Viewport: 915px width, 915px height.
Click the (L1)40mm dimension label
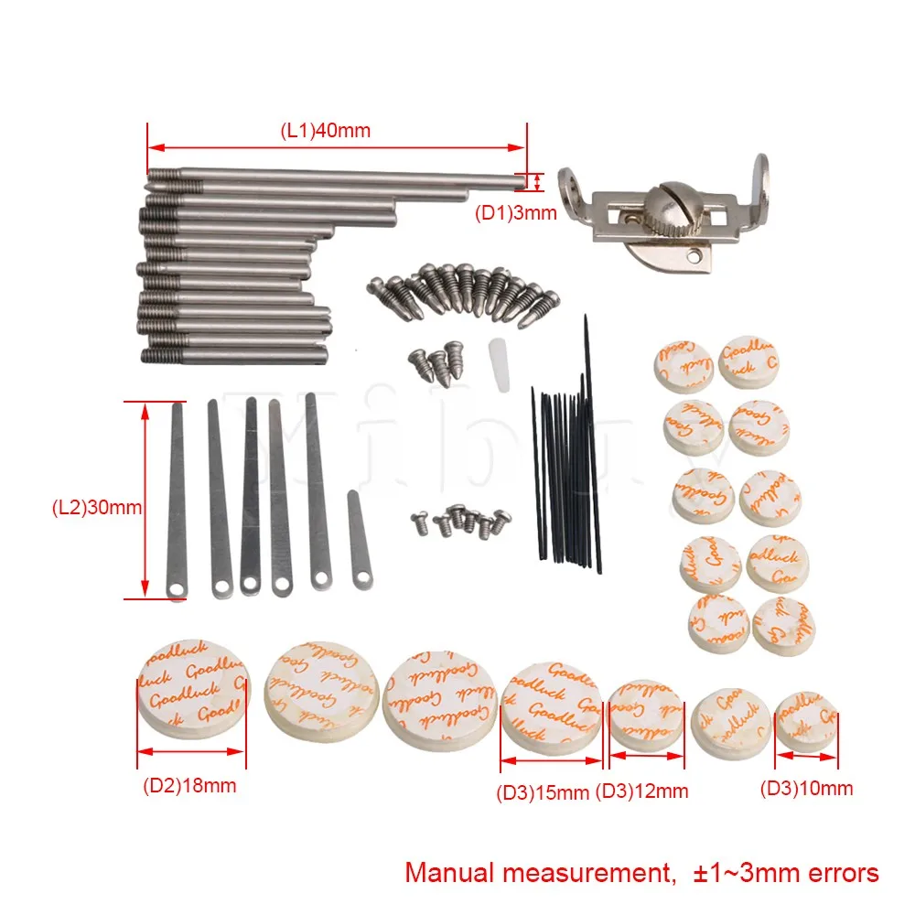pyautogui.click(x=325, y=130)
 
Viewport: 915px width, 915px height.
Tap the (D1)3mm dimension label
pyautogui.click(x=515, y=214)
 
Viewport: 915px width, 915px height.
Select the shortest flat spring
pyautogui.click(x=359, y=541)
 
